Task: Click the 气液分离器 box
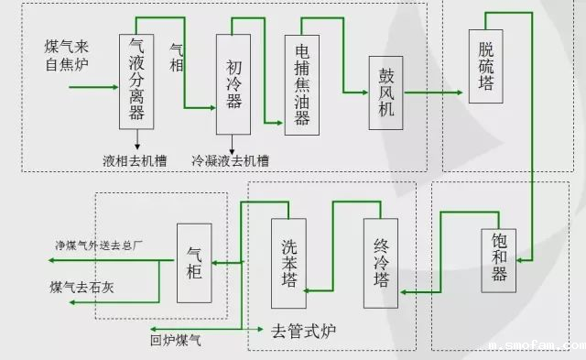[137, 82]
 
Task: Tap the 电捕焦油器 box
[302, 85]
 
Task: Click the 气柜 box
[194, 263]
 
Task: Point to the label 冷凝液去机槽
[230, 160]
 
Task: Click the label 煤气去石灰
[83, 288]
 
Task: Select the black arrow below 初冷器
[233, 146]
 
